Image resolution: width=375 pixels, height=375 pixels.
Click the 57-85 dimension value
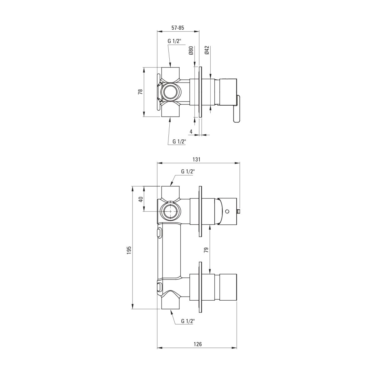point(177,28)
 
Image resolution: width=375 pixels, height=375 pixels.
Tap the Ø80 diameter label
point(191,51)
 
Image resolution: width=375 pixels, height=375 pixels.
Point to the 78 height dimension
point(140,92)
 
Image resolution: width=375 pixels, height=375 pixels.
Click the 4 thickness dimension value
point(191,132)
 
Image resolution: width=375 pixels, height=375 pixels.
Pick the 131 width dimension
point(196,159)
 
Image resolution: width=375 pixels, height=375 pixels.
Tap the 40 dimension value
point(141,199)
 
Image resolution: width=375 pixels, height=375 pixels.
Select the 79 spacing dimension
point(206,250)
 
